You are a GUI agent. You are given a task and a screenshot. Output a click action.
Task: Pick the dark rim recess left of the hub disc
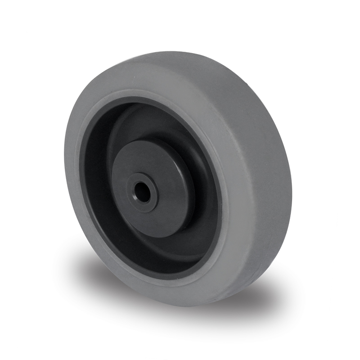pos(97,189)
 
